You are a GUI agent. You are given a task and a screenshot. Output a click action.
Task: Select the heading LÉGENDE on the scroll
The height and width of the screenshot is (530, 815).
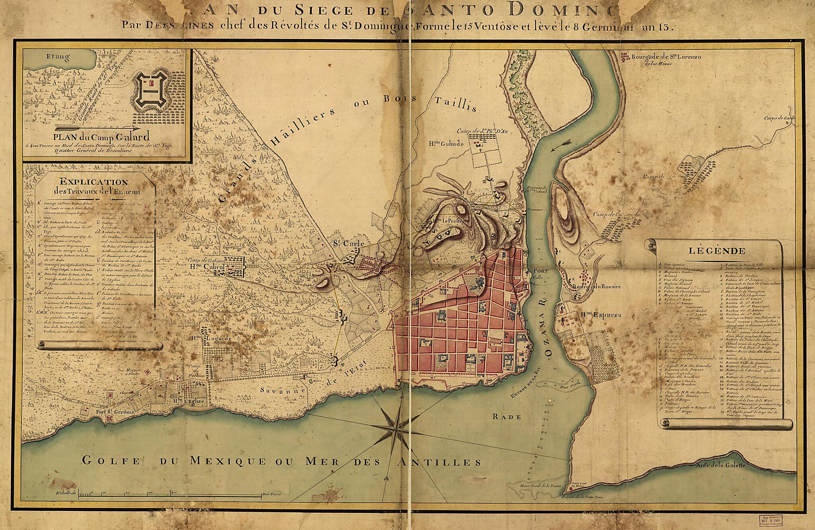tap(716, 251)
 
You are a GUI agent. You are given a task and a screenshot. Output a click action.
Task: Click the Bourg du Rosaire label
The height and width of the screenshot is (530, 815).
tap(597, 286)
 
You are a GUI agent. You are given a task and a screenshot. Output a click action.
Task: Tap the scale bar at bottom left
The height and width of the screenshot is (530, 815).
tap(169, 495)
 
